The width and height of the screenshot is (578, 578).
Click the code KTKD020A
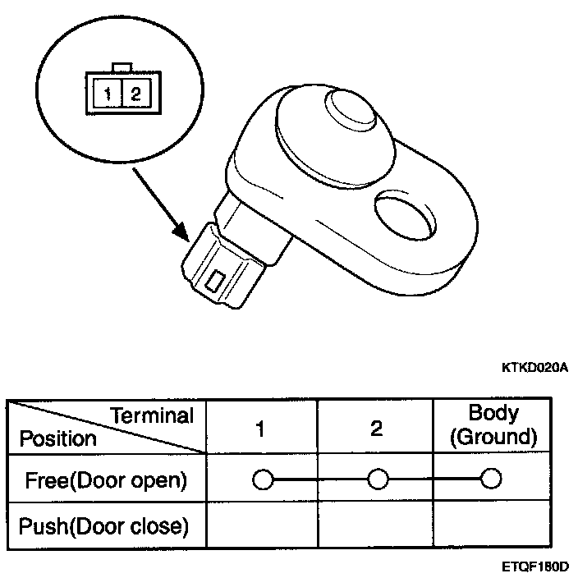(534, 368)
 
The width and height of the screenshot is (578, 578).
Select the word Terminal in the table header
(153, 415)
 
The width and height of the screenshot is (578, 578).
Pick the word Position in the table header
(57, 438)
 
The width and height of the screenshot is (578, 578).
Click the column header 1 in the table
(260, 429)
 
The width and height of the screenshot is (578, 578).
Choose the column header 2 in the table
(376, 429)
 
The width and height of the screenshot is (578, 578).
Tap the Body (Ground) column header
(493, 425)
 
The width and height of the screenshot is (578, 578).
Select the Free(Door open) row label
(106, 479)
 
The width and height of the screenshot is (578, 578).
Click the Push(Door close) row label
(103, 525)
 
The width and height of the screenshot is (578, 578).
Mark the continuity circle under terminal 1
(262, 479)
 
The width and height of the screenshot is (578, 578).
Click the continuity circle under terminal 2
(377, 479)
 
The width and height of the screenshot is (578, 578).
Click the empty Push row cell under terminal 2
(376, 525)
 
